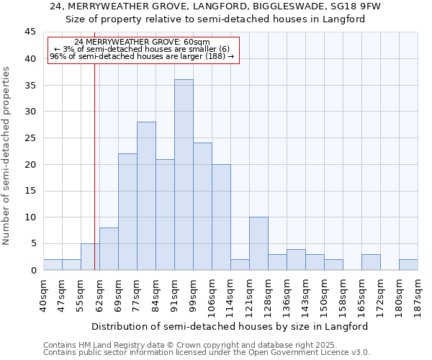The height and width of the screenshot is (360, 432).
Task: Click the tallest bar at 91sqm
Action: tap(184, 175)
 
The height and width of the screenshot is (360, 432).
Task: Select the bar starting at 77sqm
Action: tap(146, 196)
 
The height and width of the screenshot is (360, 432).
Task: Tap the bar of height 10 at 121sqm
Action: tap(258, 243)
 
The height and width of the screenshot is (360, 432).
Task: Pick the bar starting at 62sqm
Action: tap(109, 249)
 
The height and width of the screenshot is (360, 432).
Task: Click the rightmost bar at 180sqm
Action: tap(408, 265)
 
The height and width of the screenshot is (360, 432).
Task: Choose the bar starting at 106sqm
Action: tap(221, 217)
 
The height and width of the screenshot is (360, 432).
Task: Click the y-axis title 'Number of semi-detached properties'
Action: tap(6, 156)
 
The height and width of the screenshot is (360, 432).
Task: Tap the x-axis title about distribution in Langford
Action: tap(230, 326)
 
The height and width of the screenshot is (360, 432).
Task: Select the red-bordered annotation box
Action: tap(143, 50)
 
